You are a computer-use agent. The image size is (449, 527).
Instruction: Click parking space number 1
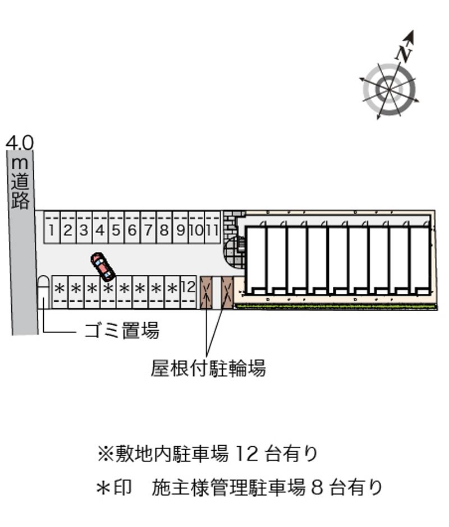52,227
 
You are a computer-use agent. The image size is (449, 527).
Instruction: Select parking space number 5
116,227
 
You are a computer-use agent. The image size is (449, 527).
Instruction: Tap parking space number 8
164,227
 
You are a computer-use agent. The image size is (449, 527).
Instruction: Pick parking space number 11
213,227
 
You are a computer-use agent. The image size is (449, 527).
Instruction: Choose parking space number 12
189,292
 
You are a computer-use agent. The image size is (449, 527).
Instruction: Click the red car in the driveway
103,266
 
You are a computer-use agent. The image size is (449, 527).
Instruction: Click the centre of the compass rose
390,89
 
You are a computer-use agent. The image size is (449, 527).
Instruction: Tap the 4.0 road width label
20,143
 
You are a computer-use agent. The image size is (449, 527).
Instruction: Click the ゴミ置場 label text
121,330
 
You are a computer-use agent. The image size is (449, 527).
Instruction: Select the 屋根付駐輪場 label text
208,368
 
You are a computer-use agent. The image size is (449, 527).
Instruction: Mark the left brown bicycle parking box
206,293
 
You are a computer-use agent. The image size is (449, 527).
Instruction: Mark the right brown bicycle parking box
227,293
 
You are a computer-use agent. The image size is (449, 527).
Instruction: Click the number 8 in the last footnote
318,488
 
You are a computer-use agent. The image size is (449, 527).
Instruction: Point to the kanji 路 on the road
20,200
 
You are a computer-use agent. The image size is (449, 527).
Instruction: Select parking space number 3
84,227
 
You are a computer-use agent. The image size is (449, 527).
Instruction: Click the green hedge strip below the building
336,307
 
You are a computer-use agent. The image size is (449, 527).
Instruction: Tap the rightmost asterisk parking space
173,292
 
